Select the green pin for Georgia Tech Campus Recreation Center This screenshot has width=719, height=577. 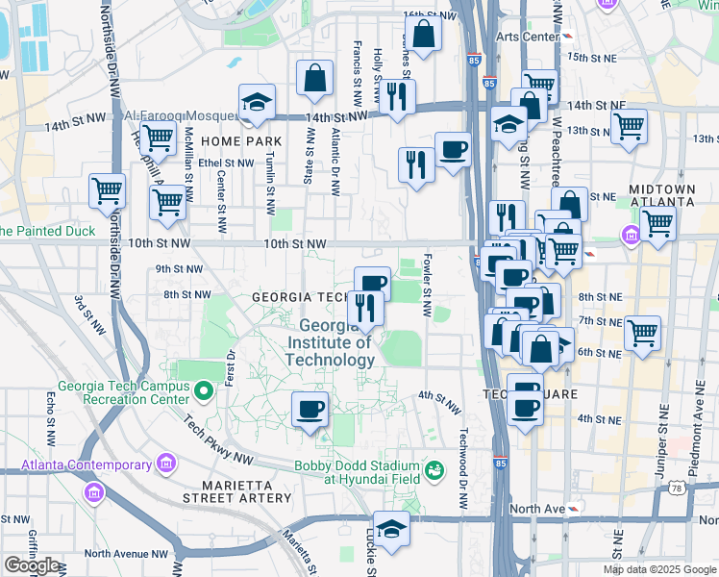(x=203, y=391)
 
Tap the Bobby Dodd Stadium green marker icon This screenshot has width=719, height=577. (x=434, y=469)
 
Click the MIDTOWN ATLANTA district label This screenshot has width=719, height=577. (x=661, y=195)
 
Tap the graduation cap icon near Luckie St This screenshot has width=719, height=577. (x=391, y=529)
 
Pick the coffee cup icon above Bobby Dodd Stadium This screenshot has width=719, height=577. (x=310, y=409)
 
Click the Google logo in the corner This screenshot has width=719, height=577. (x=32, y=565)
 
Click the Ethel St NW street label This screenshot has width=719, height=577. (x=224, y=163)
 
